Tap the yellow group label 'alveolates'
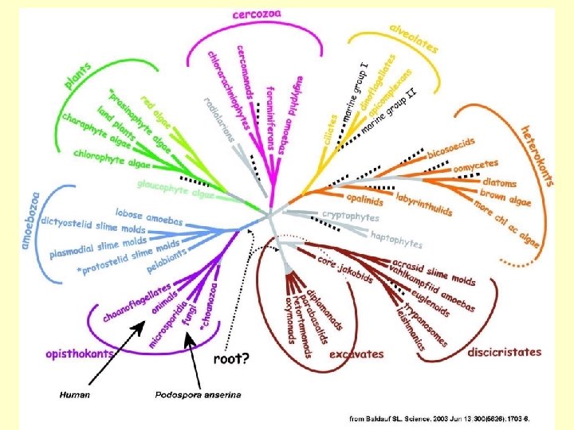[413, 36]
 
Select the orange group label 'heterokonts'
[537, 154]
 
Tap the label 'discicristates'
[504, 351]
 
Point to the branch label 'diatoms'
[499, 182]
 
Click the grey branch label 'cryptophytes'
[350, 214]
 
